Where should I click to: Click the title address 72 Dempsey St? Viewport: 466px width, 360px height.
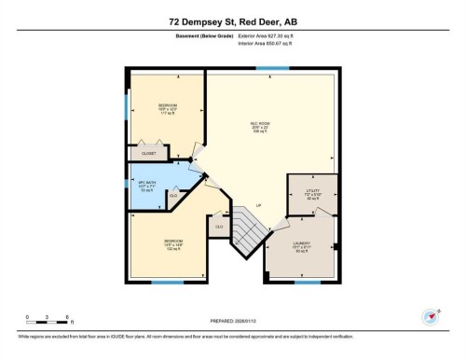[232, 21]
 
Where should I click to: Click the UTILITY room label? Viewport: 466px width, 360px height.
[312, 193]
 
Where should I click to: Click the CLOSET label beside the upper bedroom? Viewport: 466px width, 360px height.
[148, 151]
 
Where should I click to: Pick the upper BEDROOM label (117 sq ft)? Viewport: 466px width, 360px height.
[169, 108]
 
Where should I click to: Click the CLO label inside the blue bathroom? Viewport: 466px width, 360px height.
[173, 195]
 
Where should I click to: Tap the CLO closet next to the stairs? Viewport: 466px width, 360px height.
[219, 227]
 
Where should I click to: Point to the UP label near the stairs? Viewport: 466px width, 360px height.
[258, 204]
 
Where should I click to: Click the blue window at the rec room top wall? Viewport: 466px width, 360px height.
[271, 68]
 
